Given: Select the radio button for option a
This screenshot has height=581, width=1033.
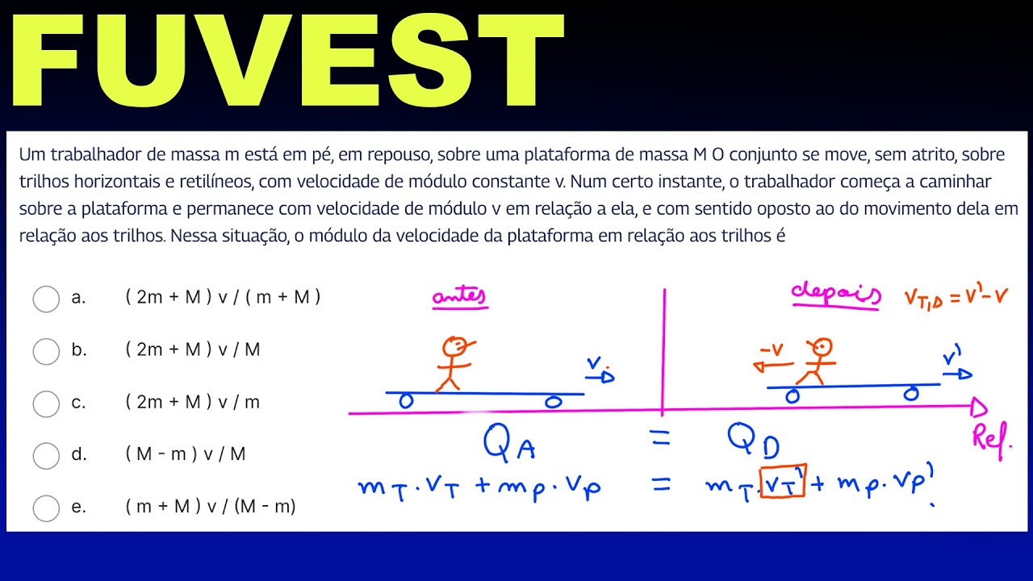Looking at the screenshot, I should pyautogui.click(x=46, y=299).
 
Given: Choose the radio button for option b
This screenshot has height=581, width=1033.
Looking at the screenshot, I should pyautogui.click(x=46, y=351).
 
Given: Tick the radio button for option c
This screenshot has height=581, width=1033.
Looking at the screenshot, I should pyautogui.click(x=46, y=403).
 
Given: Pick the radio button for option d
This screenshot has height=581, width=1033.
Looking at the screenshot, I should pyautogui.click(x=46, y=456).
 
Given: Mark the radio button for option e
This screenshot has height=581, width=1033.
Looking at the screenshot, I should pyautogui.click(x=46, y=508).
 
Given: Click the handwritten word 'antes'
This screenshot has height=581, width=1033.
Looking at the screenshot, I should pyautogui.click(x=459, y=299).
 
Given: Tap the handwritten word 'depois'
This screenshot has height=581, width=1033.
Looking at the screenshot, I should pyautogui.click(x=834, y=295).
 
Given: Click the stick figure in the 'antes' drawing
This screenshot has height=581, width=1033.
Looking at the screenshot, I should pyautogui.click(x=454, y=362).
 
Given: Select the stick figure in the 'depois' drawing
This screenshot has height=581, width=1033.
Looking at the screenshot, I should pyautogui.click(x=817, y=360).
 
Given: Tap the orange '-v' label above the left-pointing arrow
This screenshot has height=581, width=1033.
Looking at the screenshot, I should pyautogui.click(x=772, y=349).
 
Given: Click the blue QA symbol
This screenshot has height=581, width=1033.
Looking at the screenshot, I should pyautogui.click(x=508, y=441).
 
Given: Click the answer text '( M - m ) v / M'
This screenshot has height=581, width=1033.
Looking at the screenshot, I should pyautogui.click(x=186, y=454).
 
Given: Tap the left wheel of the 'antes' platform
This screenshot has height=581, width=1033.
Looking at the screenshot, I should pyautogui.click(x=407, y=401).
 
